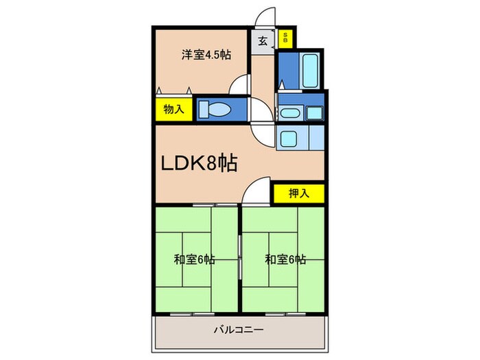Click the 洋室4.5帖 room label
pyautogui.click(x=205, y=56)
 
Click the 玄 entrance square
pyautogui.click(x=263, y=40)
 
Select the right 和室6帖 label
pyautogui.click(x=285, y=260)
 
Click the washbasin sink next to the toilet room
pyautogui.click(x=289, y=114)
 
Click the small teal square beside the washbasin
pyautogui.click(x=314, y=113)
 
